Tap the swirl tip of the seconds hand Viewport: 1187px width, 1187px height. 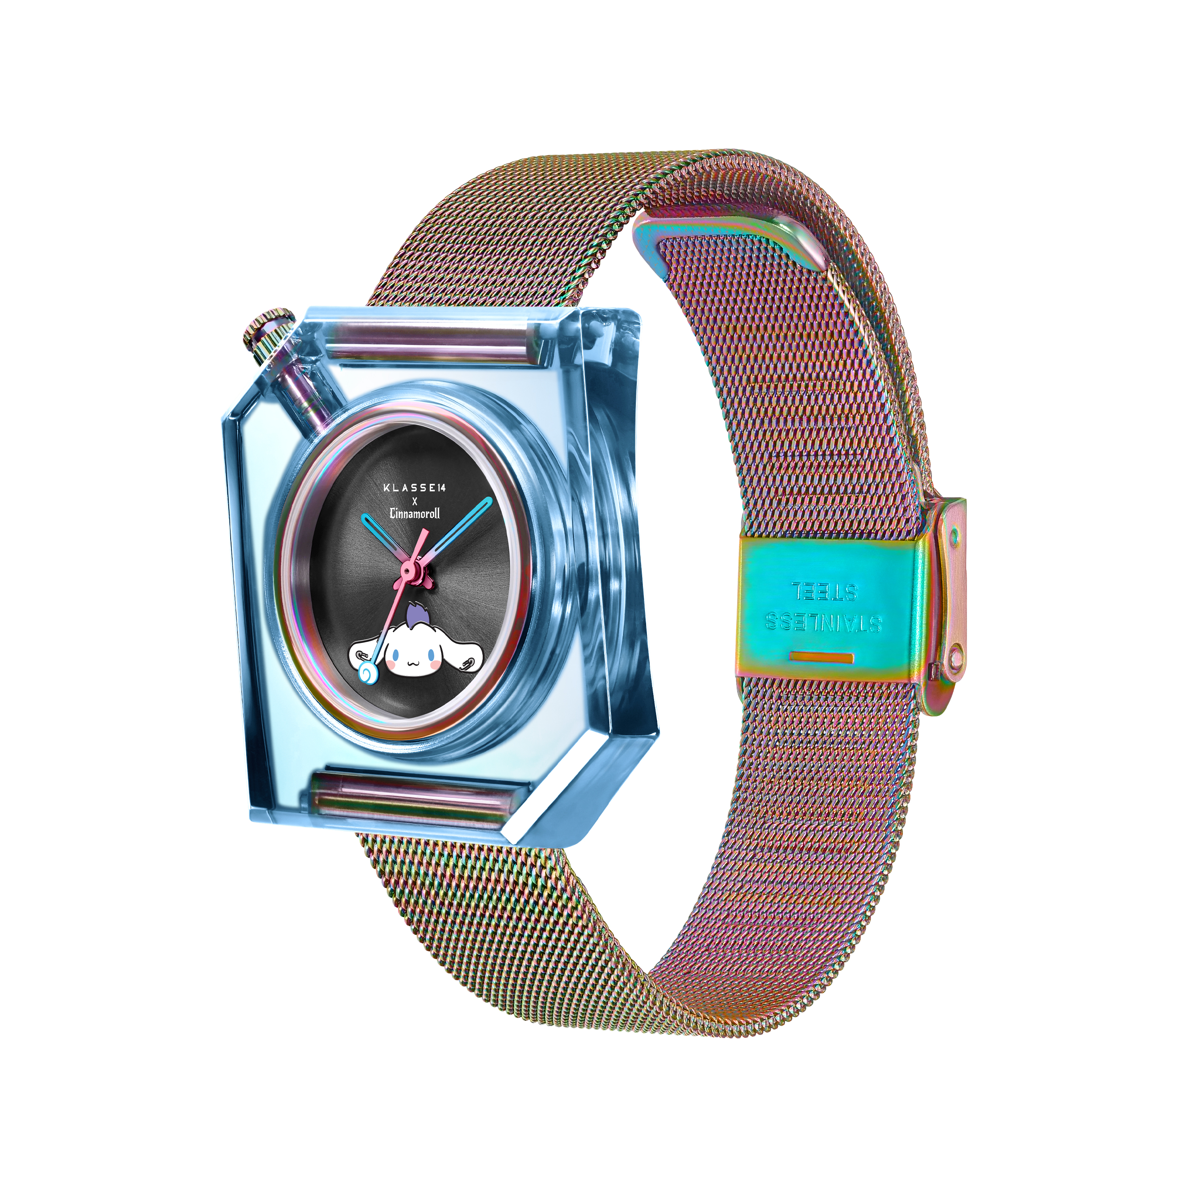pos(368,674)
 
